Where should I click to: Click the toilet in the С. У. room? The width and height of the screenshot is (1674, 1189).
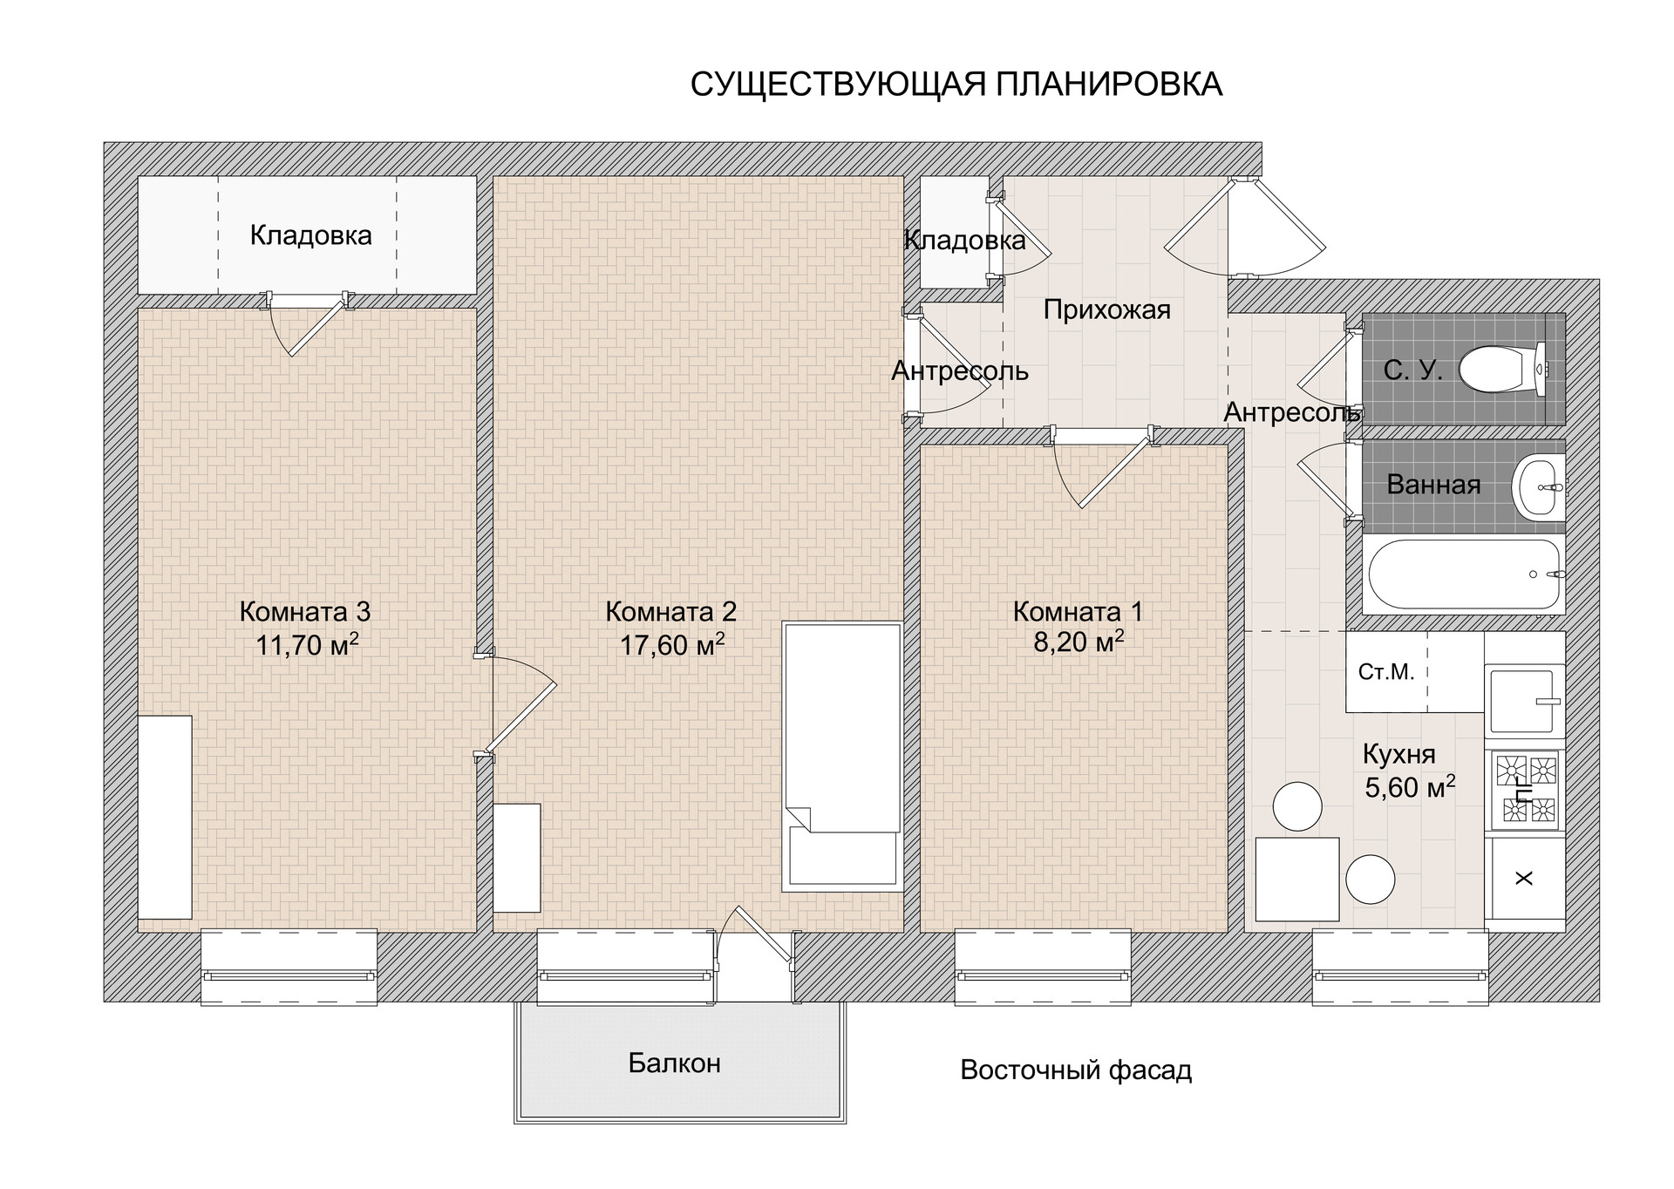[x=1502, y=369]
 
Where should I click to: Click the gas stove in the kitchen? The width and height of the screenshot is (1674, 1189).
[x=1526, y=792]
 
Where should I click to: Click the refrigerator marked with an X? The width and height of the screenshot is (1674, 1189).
[x=1526, y=879]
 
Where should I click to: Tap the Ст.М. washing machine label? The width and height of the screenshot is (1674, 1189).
[x=1386, y=672]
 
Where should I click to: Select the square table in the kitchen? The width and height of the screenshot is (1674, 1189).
[x=1297, y=879]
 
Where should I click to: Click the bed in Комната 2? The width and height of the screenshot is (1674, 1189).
[x=841, y=756]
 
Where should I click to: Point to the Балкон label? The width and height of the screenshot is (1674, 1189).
[x=675, y=1063]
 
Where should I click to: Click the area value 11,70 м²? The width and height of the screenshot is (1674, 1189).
[x=307, y=645]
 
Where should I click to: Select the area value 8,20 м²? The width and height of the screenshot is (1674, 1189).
[x=1079, y=642]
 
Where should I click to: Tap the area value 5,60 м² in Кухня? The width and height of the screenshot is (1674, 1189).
[x=1410, y=787]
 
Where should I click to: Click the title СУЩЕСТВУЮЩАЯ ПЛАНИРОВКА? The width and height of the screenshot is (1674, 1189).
[x=956, y=85]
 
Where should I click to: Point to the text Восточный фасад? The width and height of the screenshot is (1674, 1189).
[x=1076, y=1070]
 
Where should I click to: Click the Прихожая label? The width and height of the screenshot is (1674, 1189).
[x=1106, y=309]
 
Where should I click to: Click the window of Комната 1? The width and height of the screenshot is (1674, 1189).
[x=1043, y=968]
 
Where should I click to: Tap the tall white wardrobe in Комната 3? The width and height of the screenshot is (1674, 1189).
[x=165, y=817]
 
